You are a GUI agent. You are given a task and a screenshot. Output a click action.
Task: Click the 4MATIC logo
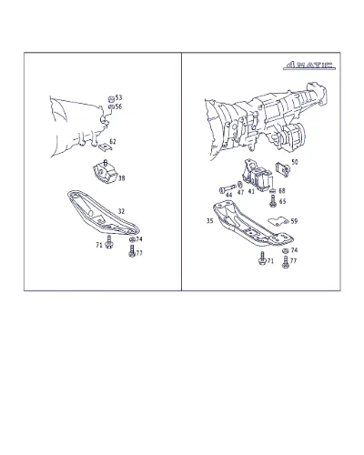tap(309, 66)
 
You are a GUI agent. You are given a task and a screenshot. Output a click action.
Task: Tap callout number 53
tap(118, 97)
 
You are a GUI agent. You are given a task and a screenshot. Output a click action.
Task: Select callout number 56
tap(118, 106)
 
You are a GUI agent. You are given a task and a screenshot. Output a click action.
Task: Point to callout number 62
tap(113, 141)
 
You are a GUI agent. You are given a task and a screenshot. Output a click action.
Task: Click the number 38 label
tap(121, 178)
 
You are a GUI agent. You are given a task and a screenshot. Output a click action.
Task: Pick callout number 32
tap(121, 211)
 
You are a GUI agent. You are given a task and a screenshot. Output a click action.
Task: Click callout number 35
tap(209, 221)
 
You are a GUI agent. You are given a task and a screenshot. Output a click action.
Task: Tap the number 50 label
tap(295, 162)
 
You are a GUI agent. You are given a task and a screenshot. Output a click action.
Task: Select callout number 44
tap(229, 195)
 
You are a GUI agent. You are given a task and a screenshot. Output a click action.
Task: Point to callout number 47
tap(240, 192)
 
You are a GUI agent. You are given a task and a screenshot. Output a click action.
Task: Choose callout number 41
tap(251, 191)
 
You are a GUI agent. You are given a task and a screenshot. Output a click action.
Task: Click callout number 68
tap(282, 190)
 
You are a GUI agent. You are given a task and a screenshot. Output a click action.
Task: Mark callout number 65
tap(282, 201)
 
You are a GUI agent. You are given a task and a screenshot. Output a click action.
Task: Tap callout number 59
tap(294, 221)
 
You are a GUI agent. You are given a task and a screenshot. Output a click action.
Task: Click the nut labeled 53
tap(111, 98)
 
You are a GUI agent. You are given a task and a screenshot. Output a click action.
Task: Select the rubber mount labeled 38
tap(105, 173)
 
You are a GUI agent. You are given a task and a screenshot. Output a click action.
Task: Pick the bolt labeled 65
tap(273, 201)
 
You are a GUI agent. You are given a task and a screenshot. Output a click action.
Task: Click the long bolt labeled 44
tap(227, 188)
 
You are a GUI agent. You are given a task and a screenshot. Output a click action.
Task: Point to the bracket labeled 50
tap(282, 169)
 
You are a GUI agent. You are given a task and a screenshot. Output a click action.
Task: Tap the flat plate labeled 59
tap(278, 221)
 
